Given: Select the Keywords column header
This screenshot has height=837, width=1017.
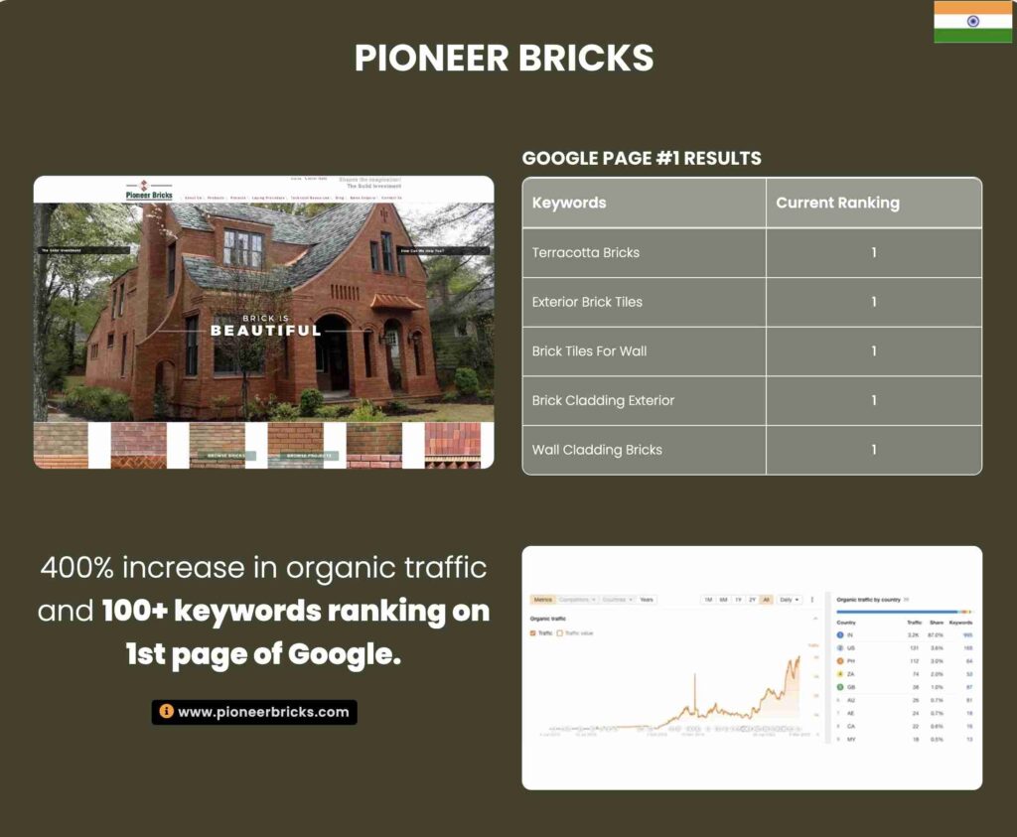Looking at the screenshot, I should tap(569, 203).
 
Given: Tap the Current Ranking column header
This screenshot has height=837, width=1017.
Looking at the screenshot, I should tap(837, 203).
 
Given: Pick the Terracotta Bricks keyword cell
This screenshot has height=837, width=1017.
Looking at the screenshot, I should tap(586, 252).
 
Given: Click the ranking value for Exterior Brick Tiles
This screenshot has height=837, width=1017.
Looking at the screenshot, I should tap(874, 302).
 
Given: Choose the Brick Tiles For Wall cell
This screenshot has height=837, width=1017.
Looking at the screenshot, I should tap(589, 351).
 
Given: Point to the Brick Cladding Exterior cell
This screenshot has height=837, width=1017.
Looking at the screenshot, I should tap(603, 400).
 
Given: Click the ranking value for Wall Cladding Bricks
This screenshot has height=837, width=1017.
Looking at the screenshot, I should tap(874, 450).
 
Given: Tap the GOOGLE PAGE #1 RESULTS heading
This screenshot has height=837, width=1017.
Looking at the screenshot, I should tap(642, 158).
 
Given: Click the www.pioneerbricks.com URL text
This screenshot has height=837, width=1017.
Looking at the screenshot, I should tap(263, 712).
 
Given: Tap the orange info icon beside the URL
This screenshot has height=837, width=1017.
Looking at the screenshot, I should tap(166, 712).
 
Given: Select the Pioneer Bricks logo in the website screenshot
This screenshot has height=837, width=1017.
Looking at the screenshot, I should tap(149, 190).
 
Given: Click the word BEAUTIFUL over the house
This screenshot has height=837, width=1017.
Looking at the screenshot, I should tap(265, 331).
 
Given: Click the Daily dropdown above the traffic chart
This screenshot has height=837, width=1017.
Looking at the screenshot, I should tap(790, 600).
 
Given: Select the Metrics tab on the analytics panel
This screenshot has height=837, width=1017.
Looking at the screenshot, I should tap(542, 600).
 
